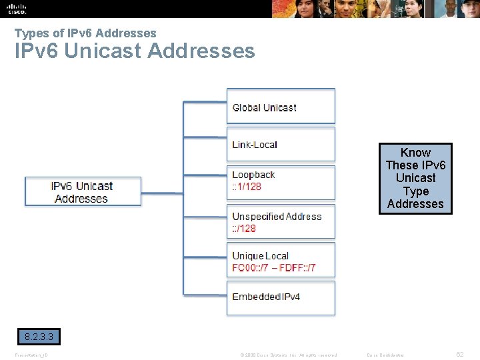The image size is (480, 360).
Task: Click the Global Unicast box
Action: (x=281, y=107)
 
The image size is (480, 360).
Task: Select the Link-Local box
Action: (x=281, y=144)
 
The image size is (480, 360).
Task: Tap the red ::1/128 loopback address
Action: (x=247, y=187)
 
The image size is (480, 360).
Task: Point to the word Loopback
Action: (x=253, y=175)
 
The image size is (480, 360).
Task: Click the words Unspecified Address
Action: (x=277, y=217)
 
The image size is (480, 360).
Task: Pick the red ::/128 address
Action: (x=244, y=229)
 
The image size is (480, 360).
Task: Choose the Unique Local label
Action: (x=260, y=256)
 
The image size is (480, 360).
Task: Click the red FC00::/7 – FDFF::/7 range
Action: (x=274, y=268)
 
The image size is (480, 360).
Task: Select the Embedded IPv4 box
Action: (x=281, y=297)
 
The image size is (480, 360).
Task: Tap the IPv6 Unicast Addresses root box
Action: (x=83, y=192)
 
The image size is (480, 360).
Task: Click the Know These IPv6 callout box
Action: (x=415, y=178)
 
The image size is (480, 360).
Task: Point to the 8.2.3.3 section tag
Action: (x=38, y=337)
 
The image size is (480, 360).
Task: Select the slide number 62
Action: (x=460, y=355)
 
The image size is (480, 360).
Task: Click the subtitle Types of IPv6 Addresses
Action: (x=85, y=33)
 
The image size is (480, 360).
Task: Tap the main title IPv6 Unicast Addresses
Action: (x=135, y=51)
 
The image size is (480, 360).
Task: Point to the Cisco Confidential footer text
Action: (x=385, y=355)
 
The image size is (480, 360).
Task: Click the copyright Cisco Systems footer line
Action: (x=289, y=355)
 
